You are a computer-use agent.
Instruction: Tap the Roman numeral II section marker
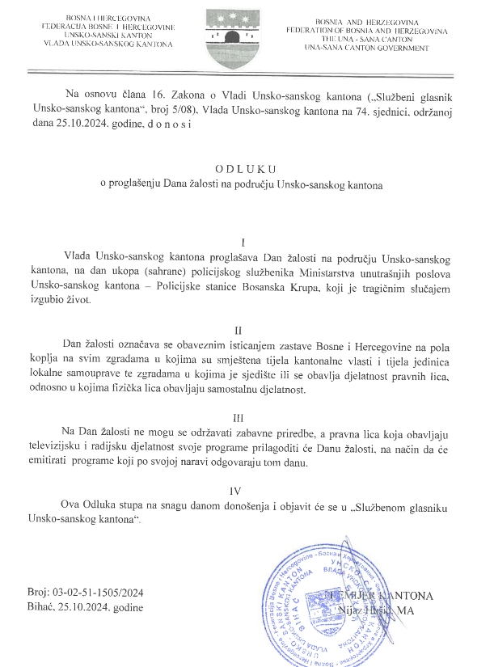[238, 331]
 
